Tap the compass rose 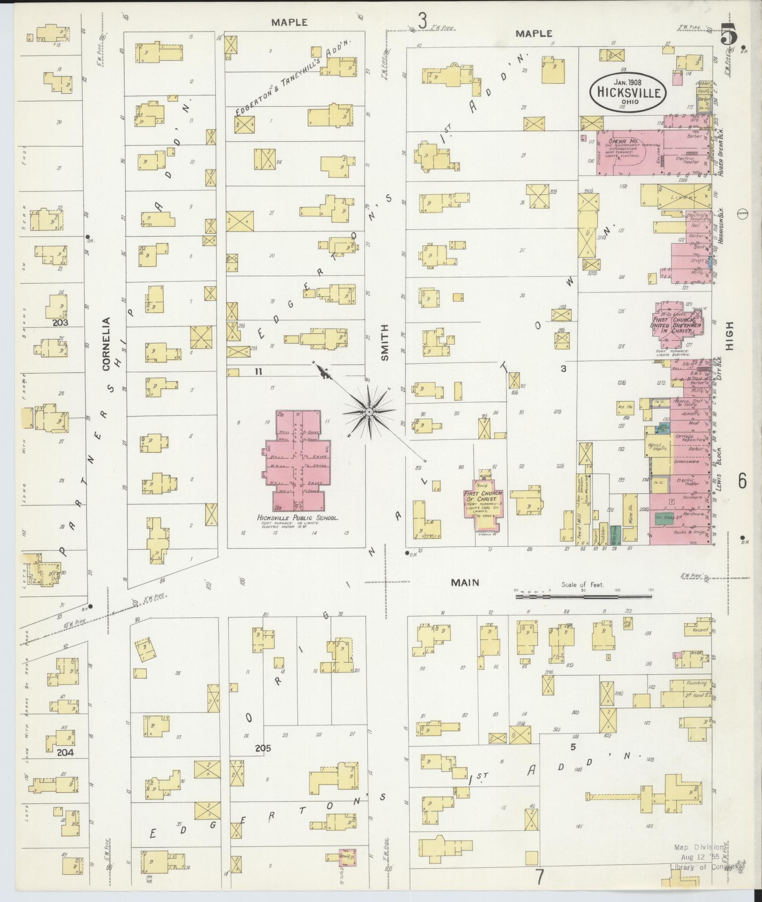pyautogui.click(x=368, y=411)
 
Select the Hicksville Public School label pyautogui.click(x=298, y=518)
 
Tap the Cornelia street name pyautogui.click(x=106, y=344)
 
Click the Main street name pyautogui.click(x=465, y=582)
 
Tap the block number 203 pyautogui.click(x=60, y=323)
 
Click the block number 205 pyautogui.click(x=263, y=748)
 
